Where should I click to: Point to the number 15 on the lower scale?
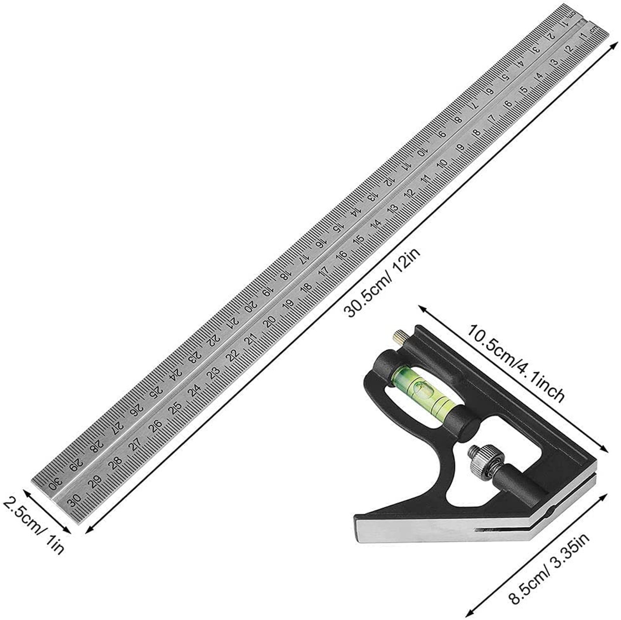click(x=359, y=239)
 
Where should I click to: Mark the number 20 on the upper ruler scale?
click(x=251, y=306)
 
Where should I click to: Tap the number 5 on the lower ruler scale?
click(x=524, y=89)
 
